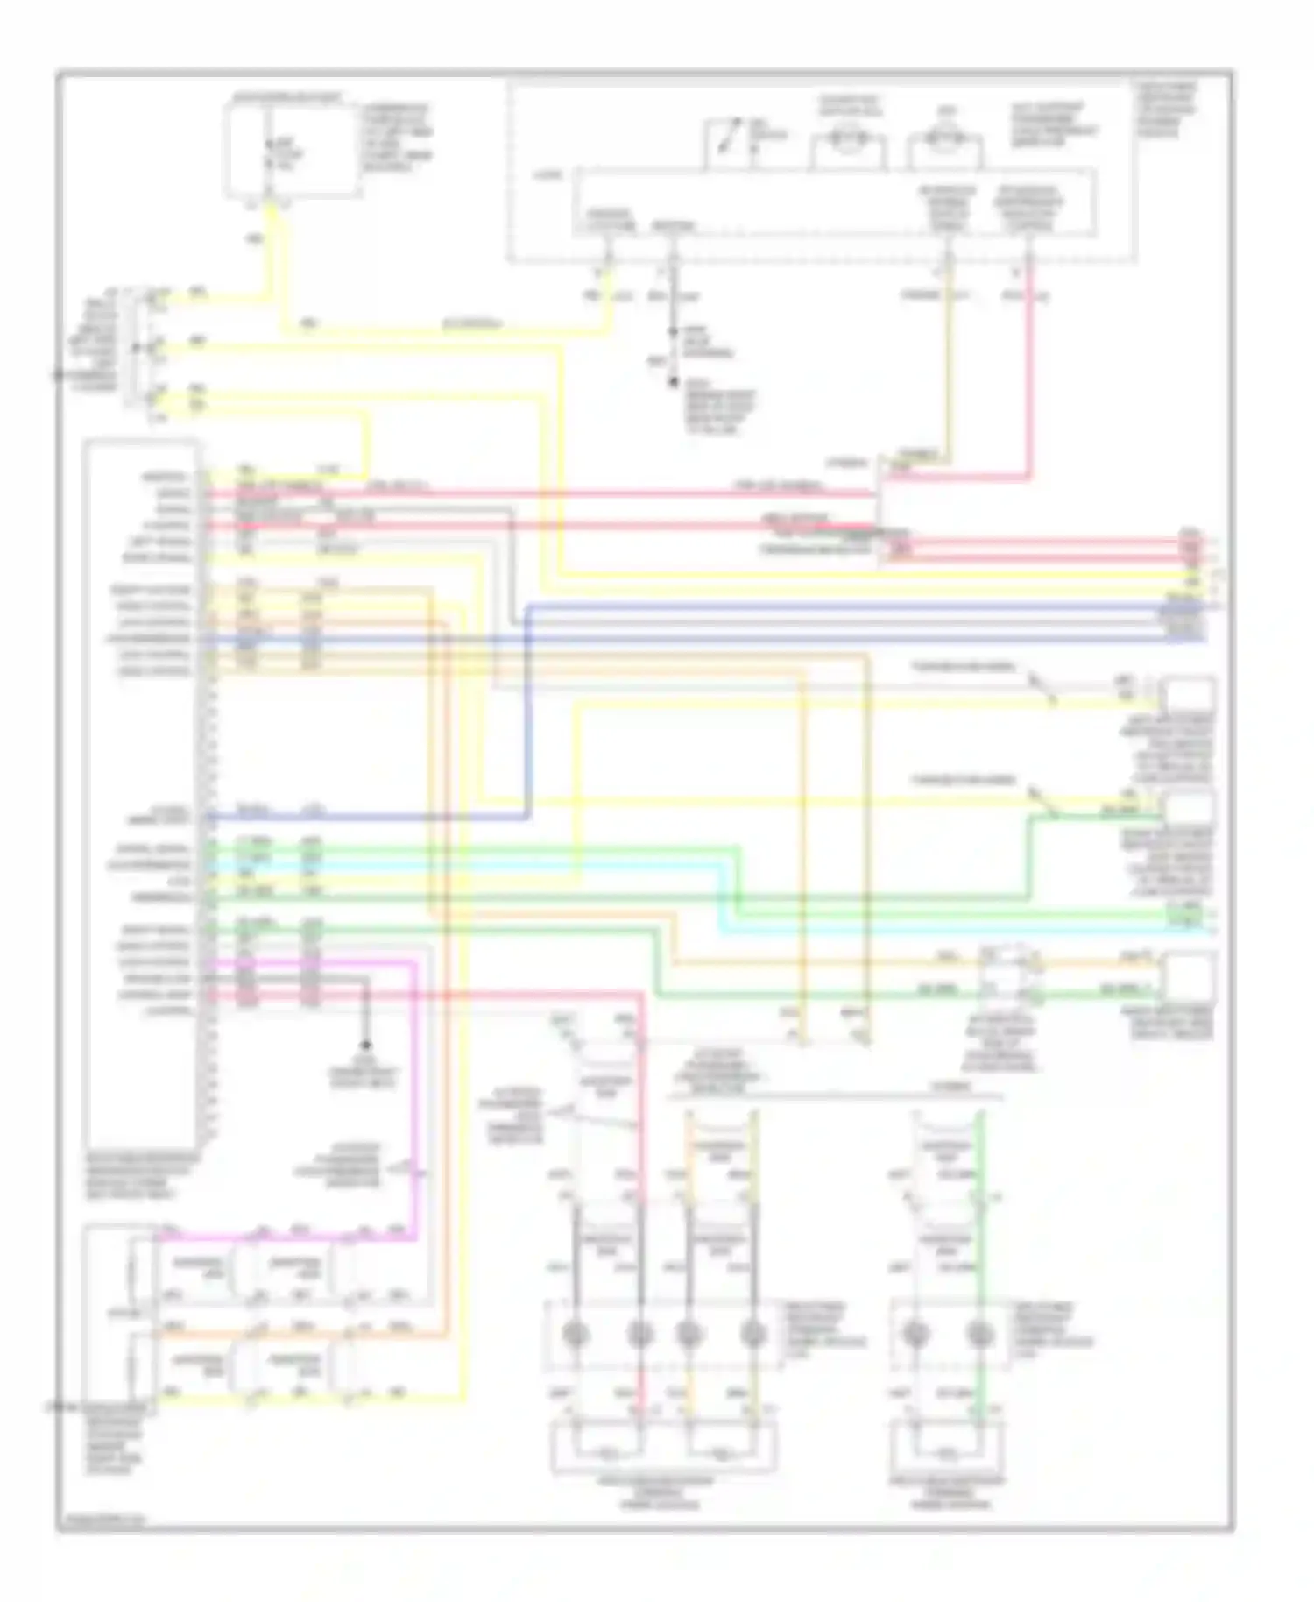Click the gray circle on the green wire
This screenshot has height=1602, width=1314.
click(x=978, y=1335)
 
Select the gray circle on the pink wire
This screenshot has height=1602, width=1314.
click(x=640, y=1335)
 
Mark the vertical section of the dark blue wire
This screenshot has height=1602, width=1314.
click(x=527, y=710)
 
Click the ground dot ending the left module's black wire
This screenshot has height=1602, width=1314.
click(x=366, y=1045)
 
